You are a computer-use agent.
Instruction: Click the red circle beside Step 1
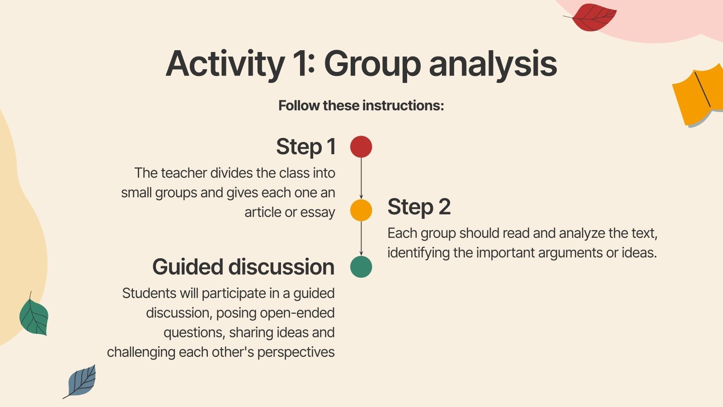point(361,147)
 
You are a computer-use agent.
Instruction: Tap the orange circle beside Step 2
point(361,210)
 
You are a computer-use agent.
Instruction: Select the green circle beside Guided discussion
point(361,267)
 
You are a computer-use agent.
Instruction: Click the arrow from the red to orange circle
point(361,179)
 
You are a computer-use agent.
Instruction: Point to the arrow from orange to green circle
point(361,239)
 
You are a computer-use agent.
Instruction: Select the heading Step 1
point(306,147)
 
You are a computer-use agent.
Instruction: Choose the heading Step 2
point(419,207)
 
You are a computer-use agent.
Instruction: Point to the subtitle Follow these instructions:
point(361,105)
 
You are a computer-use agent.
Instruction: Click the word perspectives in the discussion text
point(296,352)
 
